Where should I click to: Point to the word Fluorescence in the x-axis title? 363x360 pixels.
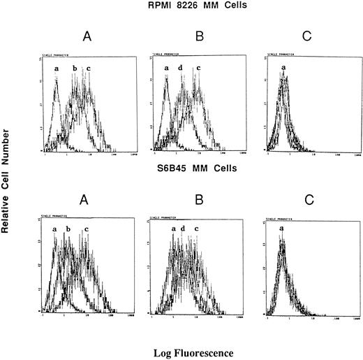click(198, 345)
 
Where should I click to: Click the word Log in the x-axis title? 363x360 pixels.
click(158, 345)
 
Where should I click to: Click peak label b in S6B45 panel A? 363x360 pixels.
click(68, 229)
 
